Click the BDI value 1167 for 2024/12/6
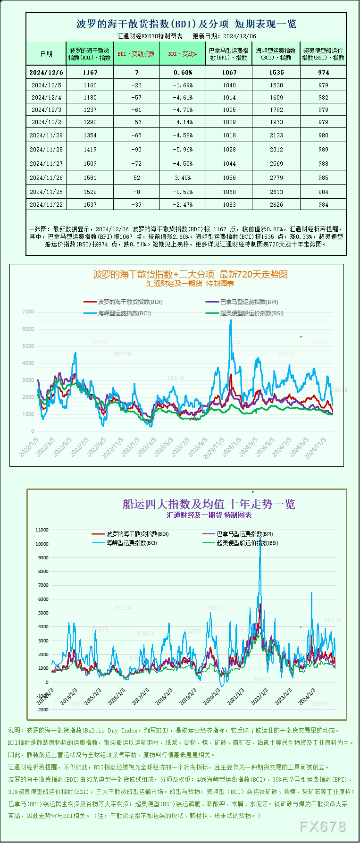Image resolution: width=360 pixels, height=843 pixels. pyautogui.click(x=90, y=72)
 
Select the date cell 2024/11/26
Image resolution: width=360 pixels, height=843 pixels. pyautogui.click(x=46, y=178)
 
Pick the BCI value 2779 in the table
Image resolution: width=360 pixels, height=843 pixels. pyautogui.click(x=276, y=178)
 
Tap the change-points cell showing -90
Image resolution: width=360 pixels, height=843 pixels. pyautogui.click(x=137, y=150)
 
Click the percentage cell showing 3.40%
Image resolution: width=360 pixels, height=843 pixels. pyautogui.click(x=183, y=178)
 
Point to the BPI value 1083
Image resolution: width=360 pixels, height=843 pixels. pyautogui.click(x=229, y=205)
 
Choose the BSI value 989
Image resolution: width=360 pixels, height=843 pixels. pyautogui.click(x=323, y=150)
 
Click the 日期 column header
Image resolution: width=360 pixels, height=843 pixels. pyautogui.click(x=46, y=54)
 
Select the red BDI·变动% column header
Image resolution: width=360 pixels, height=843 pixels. pyautogui.click(x=183, y=54)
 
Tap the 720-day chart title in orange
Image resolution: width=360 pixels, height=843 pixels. pyautogui.click(x=190, y=274)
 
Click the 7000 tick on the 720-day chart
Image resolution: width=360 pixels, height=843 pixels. pyautogui.click(x=28, y=312)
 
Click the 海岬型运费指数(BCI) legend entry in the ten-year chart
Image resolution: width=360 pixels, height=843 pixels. pyautogui.click(x=131, y=543)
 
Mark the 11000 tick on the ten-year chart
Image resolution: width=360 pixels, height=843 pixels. pyautogui.click(x=42, y=530)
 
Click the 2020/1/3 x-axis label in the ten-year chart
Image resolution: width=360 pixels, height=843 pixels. pyautogui.click(x=212, y=697)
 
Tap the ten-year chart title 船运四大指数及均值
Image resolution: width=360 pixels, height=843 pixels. pyautogui.click(x=209, y=504)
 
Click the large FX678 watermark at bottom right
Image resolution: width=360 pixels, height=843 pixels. pyautogui.click(x=323, y=826)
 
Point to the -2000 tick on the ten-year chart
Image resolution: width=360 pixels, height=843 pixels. pyautogui.click(x=42, y=710)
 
